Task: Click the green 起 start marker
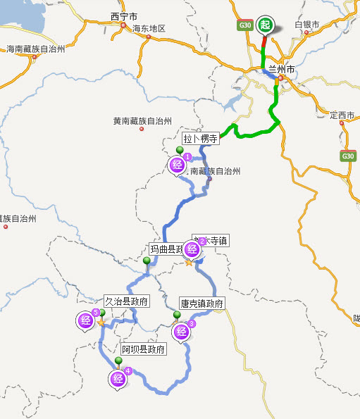[265, 25]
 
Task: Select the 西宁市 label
[125, 15]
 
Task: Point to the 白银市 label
[307, 25]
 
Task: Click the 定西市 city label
[344, 114]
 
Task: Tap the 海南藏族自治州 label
[35, 49]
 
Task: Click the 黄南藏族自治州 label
[142, 120]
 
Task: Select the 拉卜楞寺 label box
[201, 139]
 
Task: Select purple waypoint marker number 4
[118, 379]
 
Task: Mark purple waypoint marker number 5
[86, 320]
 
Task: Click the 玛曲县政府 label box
[169, 249]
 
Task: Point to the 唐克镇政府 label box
[201, 304]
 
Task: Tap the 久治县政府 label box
[127, 301]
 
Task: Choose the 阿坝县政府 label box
[143, 349]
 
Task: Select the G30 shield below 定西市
[347, 156]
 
